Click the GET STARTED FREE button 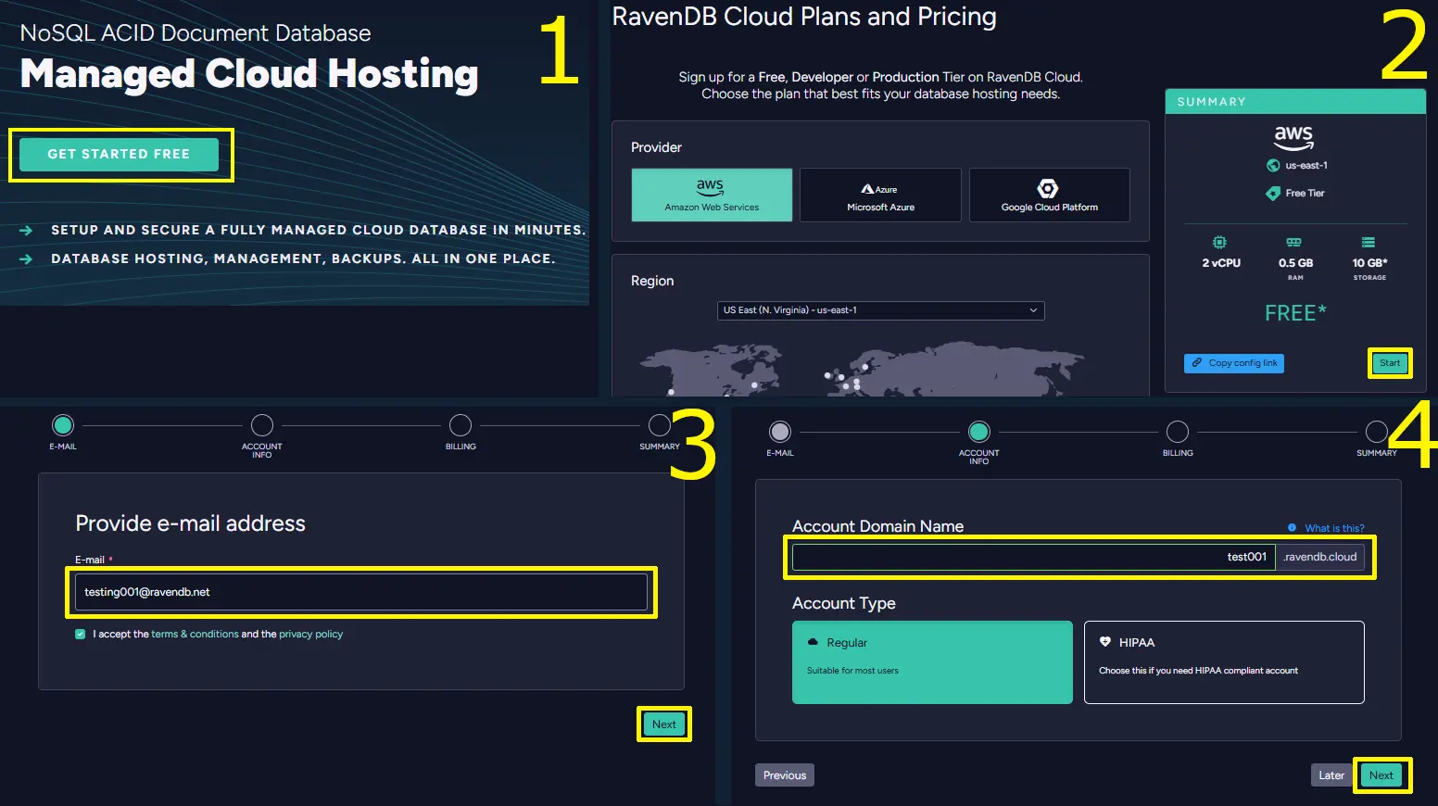click(119, 154)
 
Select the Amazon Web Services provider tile click(712, 195)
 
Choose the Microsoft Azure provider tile click(880, 195)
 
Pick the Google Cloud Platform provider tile click(1049, 195)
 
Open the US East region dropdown click(880, 310)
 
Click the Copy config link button click(1234, 363)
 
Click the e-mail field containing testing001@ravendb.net click(360, 592)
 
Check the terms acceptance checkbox click(81, 634)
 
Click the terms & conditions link click(195, 634)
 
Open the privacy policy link click(310, 634)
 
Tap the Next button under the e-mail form click(663, 724)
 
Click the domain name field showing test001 click(1033, 557)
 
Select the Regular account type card click(932, 662)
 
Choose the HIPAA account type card click(1224, 662)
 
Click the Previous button click(785, 775)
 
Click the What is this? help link click(1334, 528)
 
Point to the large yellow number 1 click(559, 50)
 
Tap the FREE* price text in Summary click(1294, 313)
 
